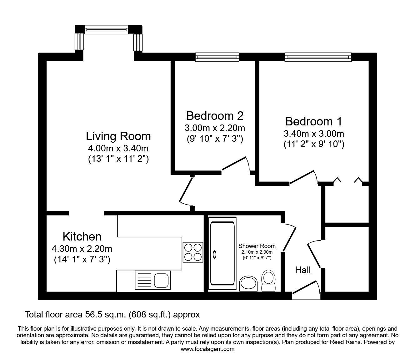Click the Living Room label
[118, 136]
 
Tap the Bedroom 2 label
[215, 116]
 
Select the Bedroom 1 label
[313, 121]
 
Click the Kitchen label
[82, 236]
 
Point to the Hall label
[303, 270]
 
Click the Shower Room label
[257, 246]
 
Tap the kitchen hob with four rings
[193, 252]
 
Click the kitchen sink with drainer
[153, 280]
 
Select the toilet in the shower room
[268, 280]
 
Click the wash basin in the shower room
[248, 283]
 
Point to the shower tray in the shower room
[222, 253]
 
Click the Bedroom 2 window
[217, 57]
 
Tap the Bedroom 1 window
[318, 57]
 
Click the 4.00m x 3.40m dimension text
[118, 148]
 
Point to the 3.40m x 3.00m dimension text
[313, 134]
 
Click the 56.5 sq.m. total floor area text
[112, 314]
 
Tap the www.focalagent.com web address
[207, 349]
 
